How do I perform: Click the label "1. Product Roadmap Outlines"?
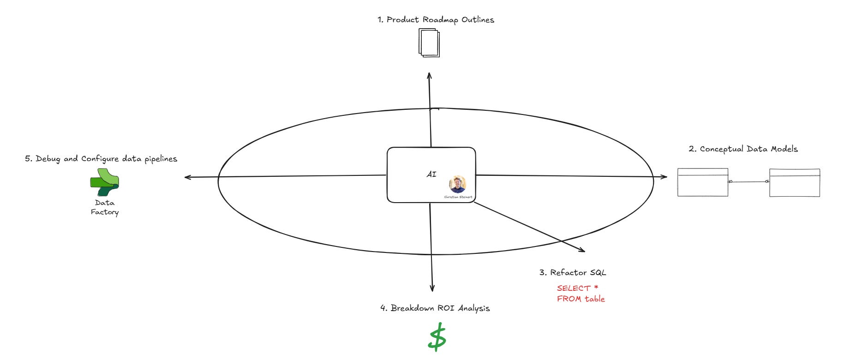[436, 20]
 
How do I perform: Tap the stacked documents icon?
[429, 43]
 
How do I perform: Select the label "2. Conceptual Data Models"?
[743, 149]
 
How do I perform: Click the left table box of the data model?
[702, 183]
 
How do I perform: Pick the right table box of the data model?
[794, 183]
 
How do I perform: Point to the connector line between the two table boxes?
[748, 181]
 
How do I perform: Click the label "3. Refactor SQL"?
[573, 273]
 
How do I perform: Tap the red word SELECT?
[574, 288]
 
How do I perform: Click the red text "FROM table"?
[581, 299]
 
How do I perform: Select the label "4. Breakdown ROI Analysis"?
[435, 308]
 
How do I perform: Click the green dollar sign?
[437, 337]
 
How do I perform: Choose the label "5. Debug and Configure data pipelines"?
[101, 159]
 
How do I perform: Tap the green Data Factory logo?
[104, 182]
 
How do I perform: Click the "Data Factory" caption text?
[105, 207]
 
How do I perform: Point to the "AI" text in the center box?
[431, 174]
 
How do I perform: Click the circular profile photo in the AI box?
[457, 184]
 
